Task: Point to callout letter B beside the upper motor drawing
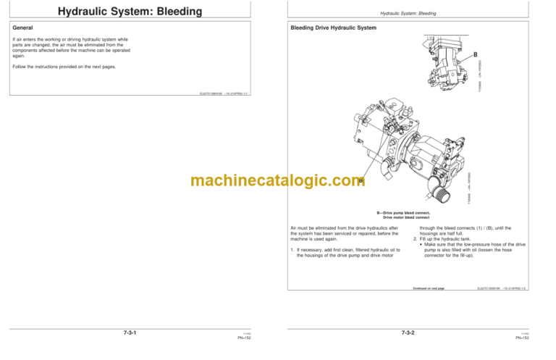coord(475,55)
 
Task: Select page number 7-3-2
coord(413,332)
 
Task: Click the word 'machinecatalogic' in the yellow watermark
coord(250,180)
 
